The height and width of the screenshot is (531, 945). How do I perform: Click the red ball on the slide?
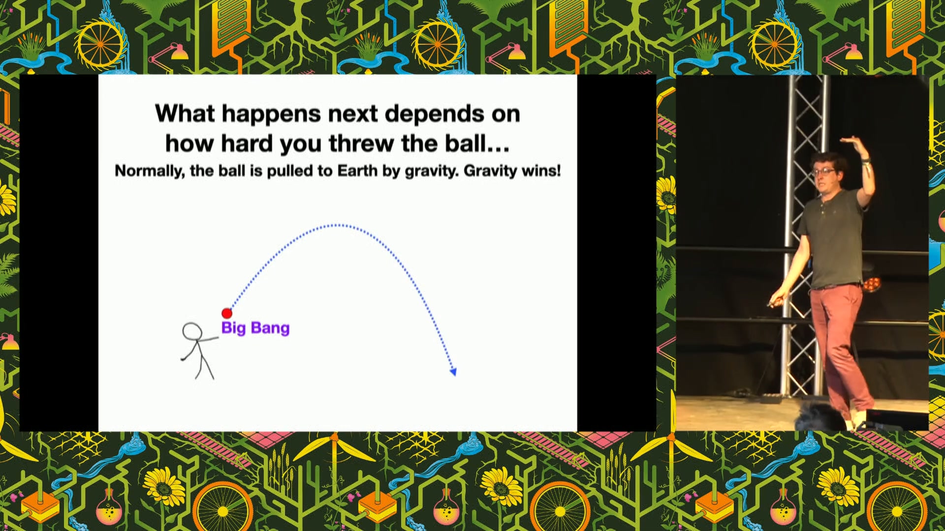[227, 313]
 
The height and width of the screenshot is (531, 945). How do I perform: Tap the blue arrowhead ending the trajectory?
[453, 372]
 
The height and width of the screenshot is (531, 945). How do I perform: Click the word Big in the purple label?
[233, 328]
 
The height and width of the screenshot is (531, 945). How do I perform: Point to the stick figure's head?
[192, 331]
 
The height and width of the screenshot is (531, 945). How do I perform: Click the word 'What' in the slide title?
[185, 114]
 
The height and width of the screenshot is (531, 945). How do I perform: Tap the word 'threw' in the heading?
[362, 144]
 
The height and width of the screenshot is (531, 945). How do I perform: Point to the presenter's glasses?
[823, 172]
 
